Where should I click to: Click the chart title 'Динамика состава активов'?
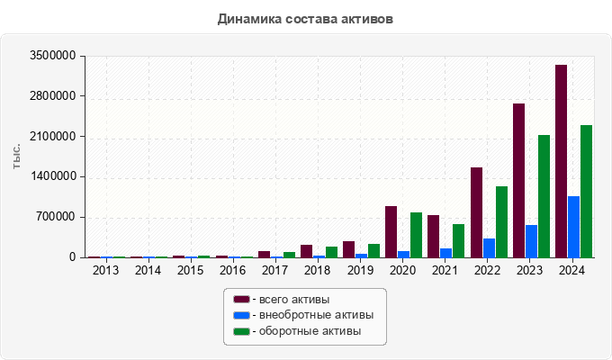305,18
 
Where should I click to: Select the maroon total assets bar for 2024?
561,161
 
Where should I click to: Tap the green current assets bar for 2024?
586,191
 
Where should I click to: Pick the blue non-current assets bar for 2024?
573,227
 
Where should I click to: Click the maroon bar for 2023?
518,180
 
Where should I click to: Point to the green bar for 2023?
544,196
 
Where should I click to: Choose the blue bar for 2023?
531,241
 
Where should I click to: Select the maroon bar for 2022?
476,212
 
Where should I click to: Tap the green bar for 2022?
501,221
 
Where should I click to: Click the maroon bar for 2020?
391,231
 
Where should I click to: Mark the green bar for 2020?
416,235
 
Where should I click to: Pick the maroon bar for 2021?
433,236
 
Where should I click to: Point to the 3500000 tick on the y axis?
51,56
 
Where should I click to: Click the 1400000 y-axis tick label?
51,176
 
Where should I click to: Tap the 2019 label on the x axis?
360,270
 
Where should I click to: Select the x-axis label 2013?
105,270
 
